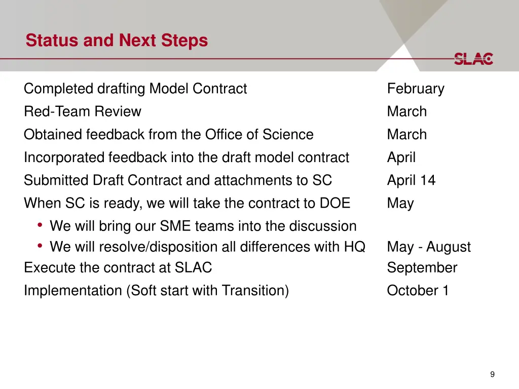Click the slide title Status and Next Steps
pyautogui.click(x=117, y=40)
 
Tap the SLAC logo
pyautogui.click(x=473, y=59)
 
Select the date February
pyautogui.click(x=416, y=89)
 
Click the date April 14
pyautogui.click(x=411, y=180)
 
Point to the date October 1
pyautogui.click(x=418, y=291)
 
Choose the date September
pyautogui.click(x=422, y=268)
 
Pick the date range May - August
pyautogui.click(x=428, y=247)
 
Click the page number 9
pyautogui.click(x=492, y=374)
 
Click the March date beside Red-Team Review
pyautogui.click(x=406, y=111)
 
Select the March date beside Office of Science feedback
pyautogui.click(x=406, y=135)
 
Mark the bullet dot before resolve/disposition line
pyautogui.click(x=40, y=246)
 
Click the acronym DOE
pyautogui.click(x=335, y=203)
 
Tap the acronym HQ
pyautogui.click(x=355, y=247)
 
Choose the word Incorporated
pyautogui.click(x=64, y=158)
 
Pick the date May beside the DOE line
pyautogui.click(x=400, y=204)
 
